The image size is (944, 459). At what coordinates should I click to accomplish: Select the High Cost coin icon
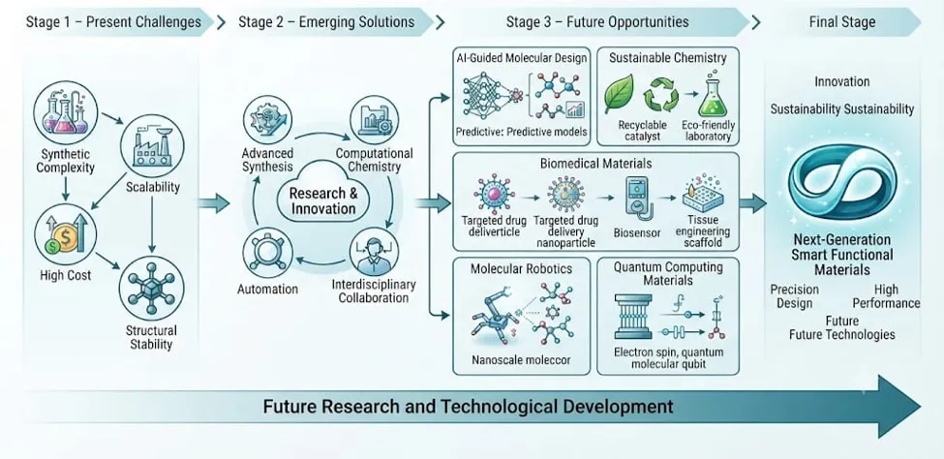tap(63, 234)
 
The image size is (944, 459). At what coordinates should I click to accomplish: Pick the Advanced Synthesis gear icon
tap(266, 119)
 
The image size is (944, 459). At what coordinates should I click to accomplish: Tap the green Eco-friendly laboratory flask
tap(713, 97)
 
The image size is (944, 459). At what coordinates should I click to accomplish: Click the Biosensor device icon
tap(636, 196)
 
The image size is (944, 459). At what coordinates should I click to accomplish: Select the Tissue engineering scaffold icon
tap(702, 197)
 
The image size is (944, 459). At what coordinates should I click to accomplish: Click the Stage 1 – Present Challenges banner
tap(113, 23)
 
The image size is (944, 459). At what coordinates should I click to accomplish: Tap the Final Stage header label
tap(841, 23)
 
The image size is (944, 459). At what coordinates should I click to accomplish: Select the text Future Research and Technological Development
tap(469, 406)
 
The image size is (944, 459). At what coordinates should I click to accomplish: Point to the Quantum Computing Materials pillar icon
tap(633, 317)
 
